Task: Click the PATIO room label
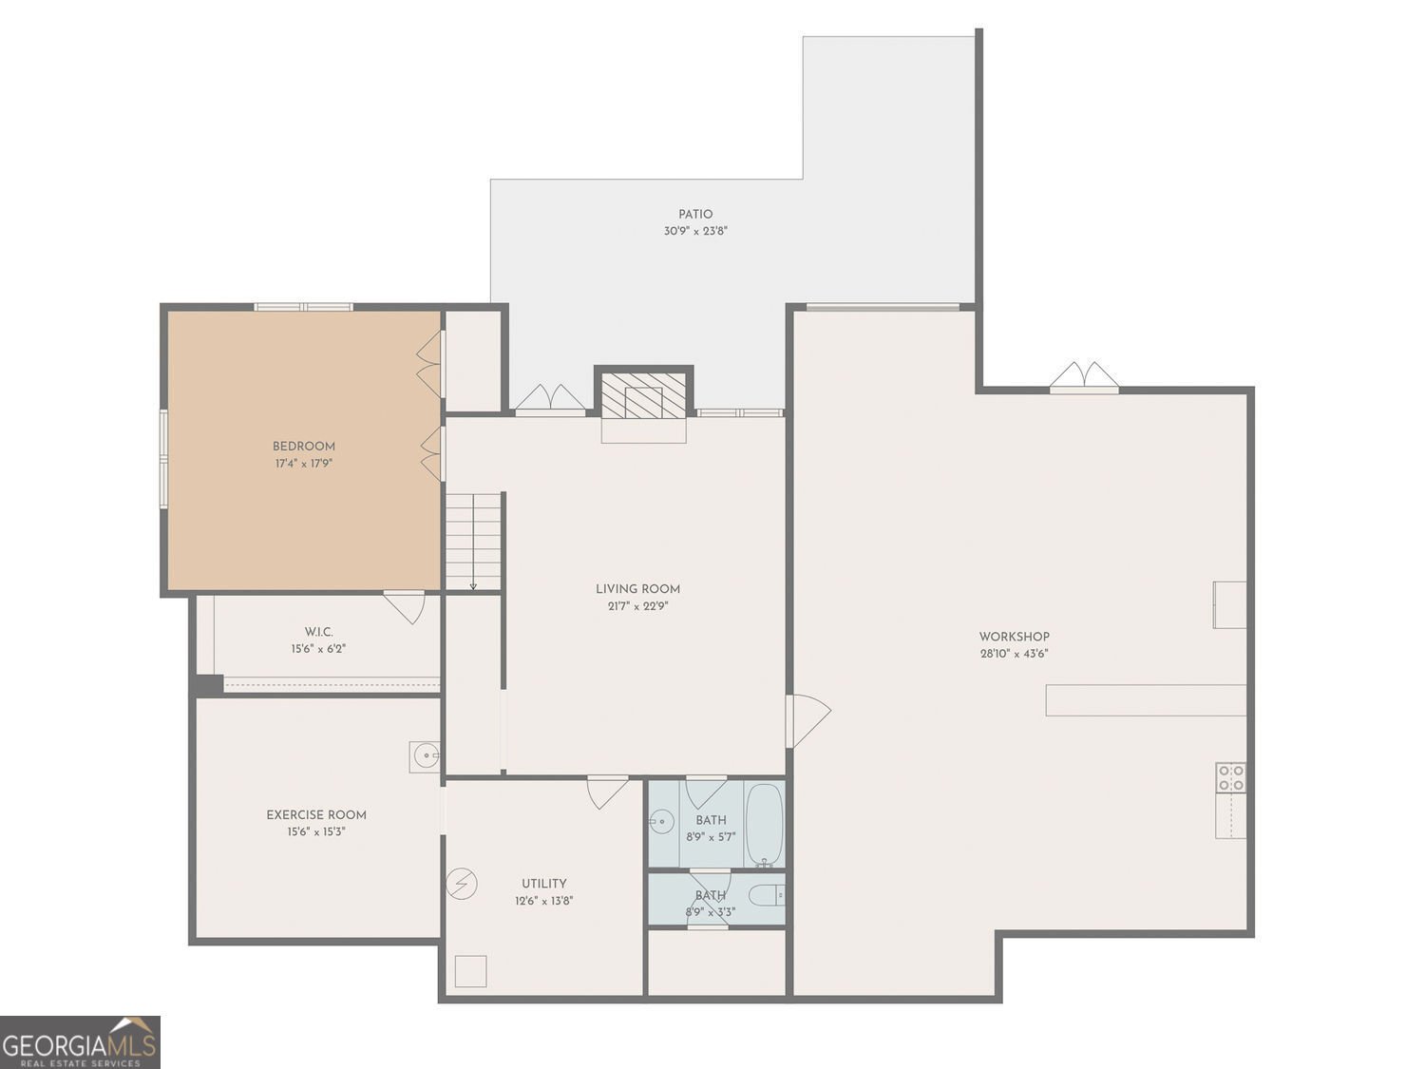click(695, 214)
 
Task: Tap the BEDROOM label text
click(304, 447)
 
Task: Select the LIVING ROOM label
click(637, 589)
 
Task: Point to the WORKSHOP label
click(1014, 637)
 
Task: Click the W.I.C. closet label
click(319, 632)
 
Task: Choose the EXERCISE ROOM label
click(316, 815)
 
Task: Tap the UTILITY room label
click(544, 884)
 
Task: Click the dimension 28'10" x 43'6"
click(1014, 654)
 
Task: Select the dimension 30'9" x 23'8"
click(695, 231)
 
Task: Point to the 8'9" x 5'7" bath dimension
click(711, 837)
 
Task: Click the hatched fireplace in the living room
click(643, 396)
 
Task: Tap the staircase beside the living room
click(473, 542)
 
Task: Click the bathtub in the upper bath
click(765, 824)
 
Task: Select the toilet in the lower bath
click(767, 896)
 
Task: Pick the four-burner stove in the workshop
click(1231, 777)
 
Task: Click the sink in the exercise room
click(425, 756)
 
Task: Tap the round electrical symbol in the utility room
click(462, 884)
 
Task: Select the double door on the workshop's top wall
click(1084, 377)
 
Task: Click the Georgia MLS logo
click(80, 1042)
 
